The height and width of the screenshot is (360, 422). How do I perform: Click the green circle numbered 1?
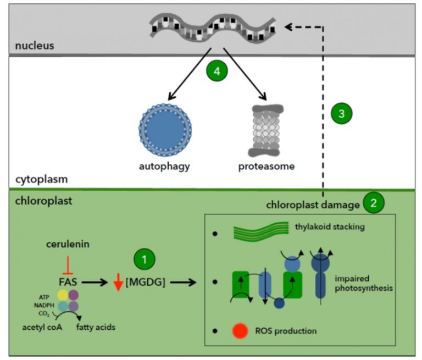145,258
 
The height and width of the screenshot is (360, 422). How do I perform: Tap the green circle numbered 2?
374,202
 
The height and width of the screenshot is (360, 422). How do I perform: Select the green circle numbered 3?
341,114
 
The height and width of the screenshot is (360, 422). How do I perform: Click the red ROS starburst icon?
241,331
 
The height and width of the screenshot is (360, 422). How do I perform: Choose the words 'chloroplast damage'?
312,204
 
